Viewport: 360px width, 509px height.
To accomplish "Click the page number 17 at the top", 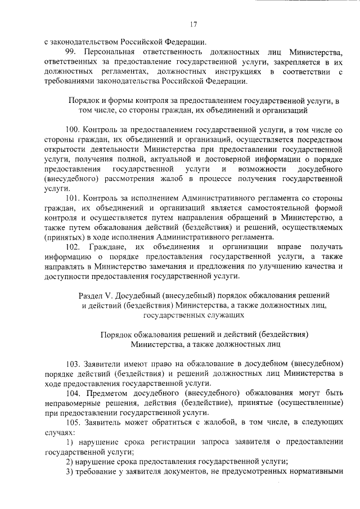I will [x=193, y=24].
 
